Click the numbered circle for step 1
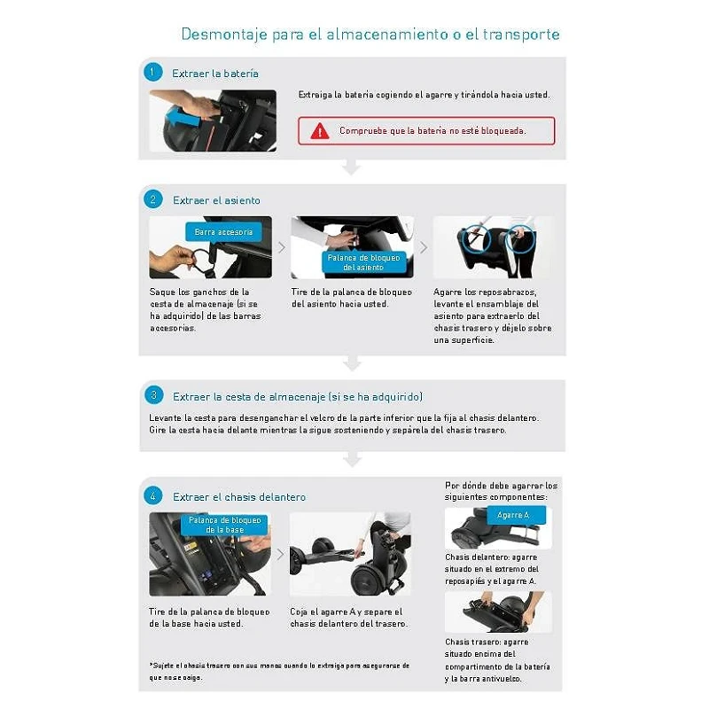pos(152,72)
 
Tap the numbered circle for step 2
pos(152,199)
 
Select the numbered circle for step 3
pos(153,395)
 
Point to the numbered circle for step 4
pos(152,495)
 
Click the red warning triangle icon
pos(320,131)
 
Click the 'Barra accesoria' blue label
pos(223,232)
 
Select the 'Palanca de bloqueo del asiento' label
pos(363,262)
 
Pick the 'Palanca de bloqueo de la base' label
pos(224,525)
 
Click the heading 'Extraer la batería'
pos(215,74)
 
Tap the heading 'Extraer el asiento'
pos(216,200)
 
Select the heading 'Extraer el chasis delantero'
pos(239,497)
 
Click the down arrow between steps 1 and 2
pos(351,167)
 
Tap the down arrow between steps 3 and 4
pos(352,459)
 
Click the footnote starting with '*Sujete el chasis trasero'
pos(279,671)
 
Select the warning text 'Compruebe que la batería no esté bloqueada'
pos(432,130)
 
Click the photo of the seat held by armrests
pos(494,247)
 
